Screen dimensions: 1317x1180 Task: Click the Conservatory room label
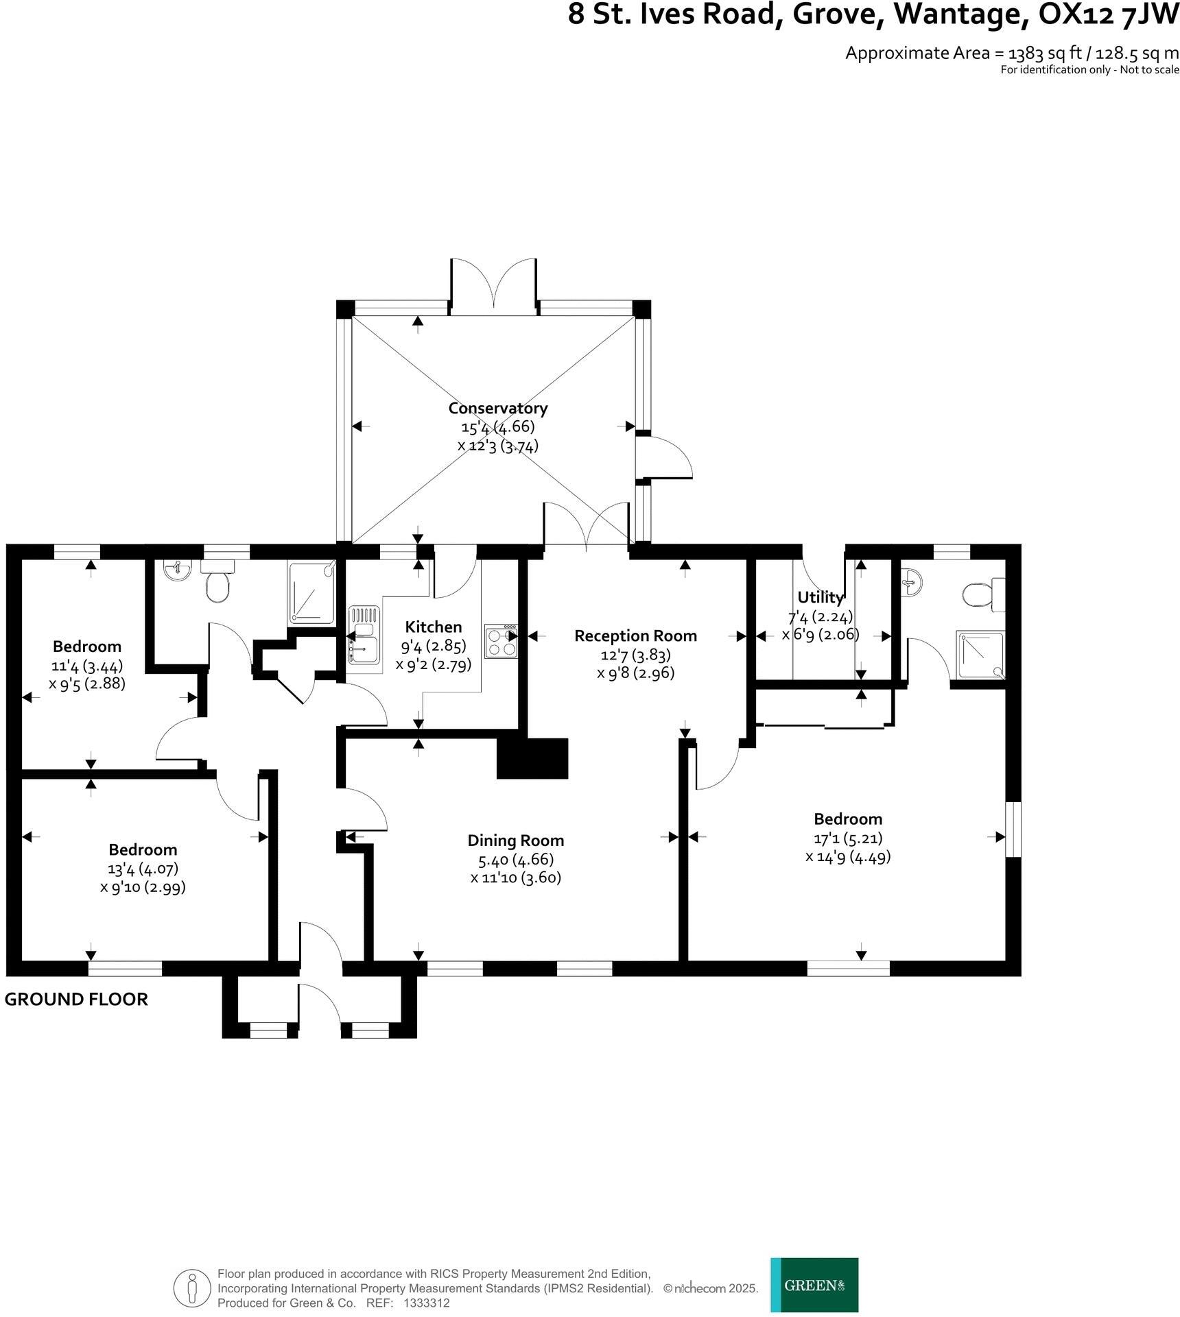pyautogui.click(x=497, y=408)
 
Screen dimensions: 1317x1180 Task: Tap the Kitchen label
pyautogui.click(x=433, y=627)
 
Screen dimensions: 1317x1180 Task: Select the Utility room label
pyautogui.click(x=820, y=596)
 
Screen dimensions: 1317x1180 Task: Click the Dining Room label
pyautogui.click(x=515, y=841)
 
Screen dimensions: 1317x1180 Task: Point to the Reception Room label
pyautogui.click(x=635, y=636)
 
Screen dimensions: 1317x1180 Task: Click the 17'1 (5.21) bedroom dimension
pyautogui.click(x=847, y=838)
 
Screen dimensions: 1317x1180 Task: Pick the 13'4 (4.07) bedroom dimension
pyautogui.click(x=143, y=869)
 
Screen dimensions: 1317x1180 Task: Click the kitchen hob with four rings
pyautogui.click(x=501, y=641)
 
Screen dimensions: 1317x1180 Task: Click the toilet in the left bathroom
pyautogui.click(x=217, y=587)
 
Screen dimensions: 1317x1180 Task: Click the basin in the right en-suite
pyautogui.click(x=912, y=583)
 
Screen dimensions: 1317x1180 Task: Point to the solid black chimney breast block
pyautogui.click(x=532, y=758)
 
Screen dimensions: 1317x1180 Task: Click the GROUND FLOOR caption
pyautogui.click(x=76, y=999)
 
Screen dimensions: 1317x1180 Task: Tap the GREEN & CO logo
pyautogui.click(x=814, y=1285)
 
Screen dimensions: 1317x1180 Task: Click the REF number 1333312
pyautogui.click(x=427, y=1303)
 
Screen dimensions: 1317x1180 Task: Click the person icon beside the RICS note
pyautogui.click(x=192, y=1288)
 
